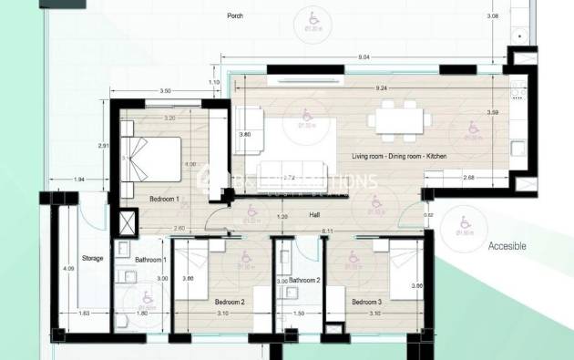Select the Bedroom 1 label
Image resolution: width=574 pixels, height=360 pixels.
164,199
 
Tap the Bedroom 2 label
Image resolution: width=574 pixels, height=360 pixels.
230,302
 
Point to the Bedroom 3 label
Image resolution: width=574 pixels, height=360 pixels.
366,302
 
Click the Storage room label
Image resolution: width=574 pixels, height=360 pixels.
92,258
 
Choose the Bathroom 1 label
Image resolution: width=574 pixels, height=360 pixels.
148,261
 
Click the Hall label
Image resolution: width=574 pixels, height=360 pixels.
314,215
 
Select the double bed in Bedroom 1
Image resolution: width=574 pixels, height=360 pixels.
157,151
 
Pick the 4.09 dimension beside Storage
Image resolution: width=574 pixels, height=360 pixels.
68,270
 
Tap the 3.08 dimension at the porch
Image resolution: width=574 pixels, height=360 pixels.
520,16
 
